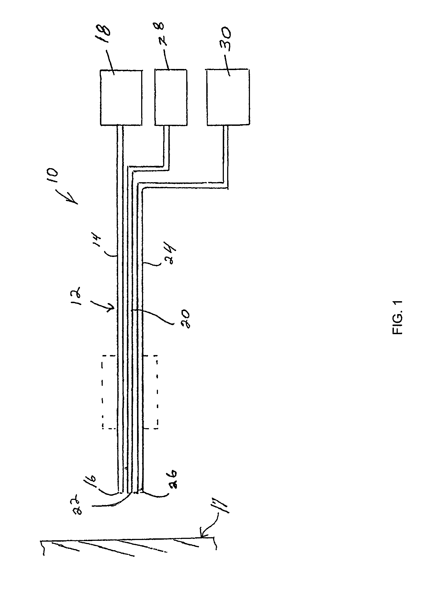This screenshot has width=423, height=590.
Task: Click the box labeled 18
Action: coord(121,98)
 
